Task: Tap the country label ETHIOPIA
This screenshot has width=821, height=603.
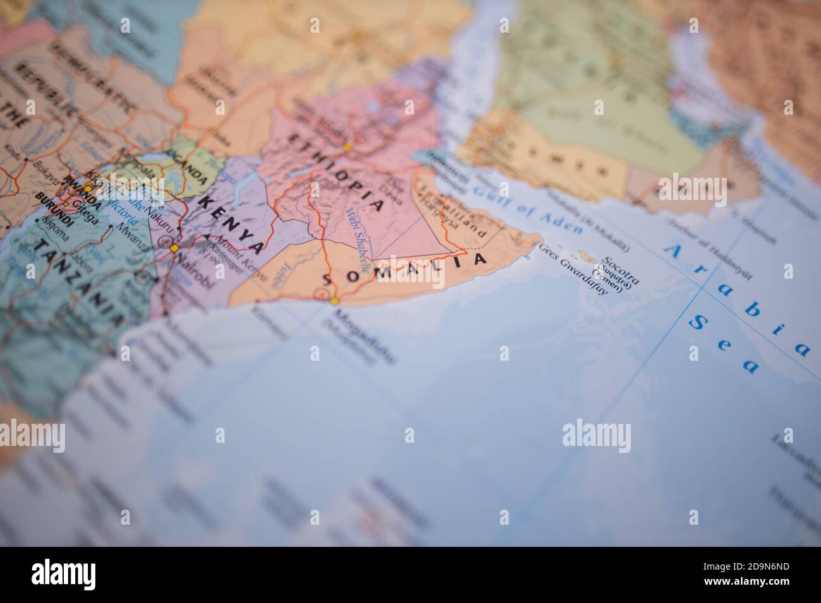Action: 336,170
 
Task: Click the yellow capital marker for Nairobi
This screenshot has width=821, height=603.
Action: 174,248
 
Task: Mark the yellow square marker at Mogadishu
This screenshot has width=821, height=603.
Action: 334,301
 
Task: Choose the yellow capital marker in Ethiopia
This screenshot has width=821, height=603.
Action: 347,148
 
